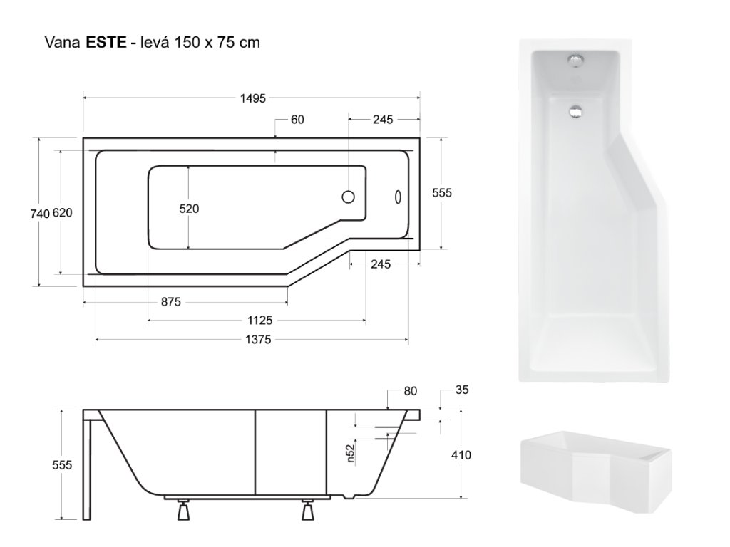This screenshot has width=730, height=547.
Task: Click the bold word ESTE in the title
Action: (x=106, y=42)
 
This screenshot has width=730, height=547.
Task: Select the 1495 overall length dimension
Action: (x=253, y=98)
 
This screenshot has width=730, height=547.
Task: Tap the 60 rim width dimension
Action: (x=297, y=120)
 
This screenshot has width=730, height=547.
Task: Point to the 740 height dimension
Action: (x=40, y=214)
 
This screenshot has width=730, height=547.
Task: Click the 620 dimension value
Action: (x=63, y=212)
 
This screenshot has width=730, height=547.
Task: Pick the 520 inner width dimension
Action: (x=189, y=209)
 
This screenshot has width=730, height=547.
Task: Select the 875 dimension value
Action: (x=171, y=302)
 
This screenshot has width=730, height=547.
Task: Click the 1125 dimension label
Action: (x=259, y=321)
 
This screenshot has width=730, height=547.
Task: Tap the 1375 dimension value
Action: (x=258, y=340)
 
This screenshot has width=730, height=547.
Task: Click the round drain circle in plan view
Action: (x=348, y=197)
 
